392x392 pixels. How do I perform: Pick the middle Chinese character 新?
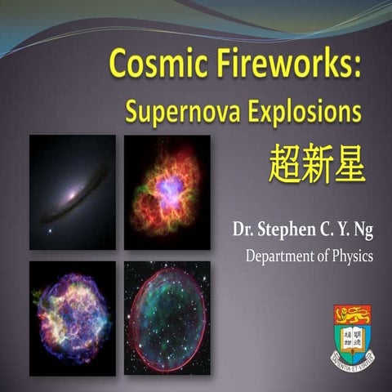318,164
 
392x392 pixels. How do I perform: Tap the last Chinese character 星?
350,164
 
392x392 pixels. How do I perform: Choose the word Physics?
353,256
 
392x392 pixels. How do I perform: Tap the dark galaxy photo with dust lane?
72,192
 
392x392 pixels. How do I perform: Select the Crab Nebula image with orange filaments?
167,192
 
